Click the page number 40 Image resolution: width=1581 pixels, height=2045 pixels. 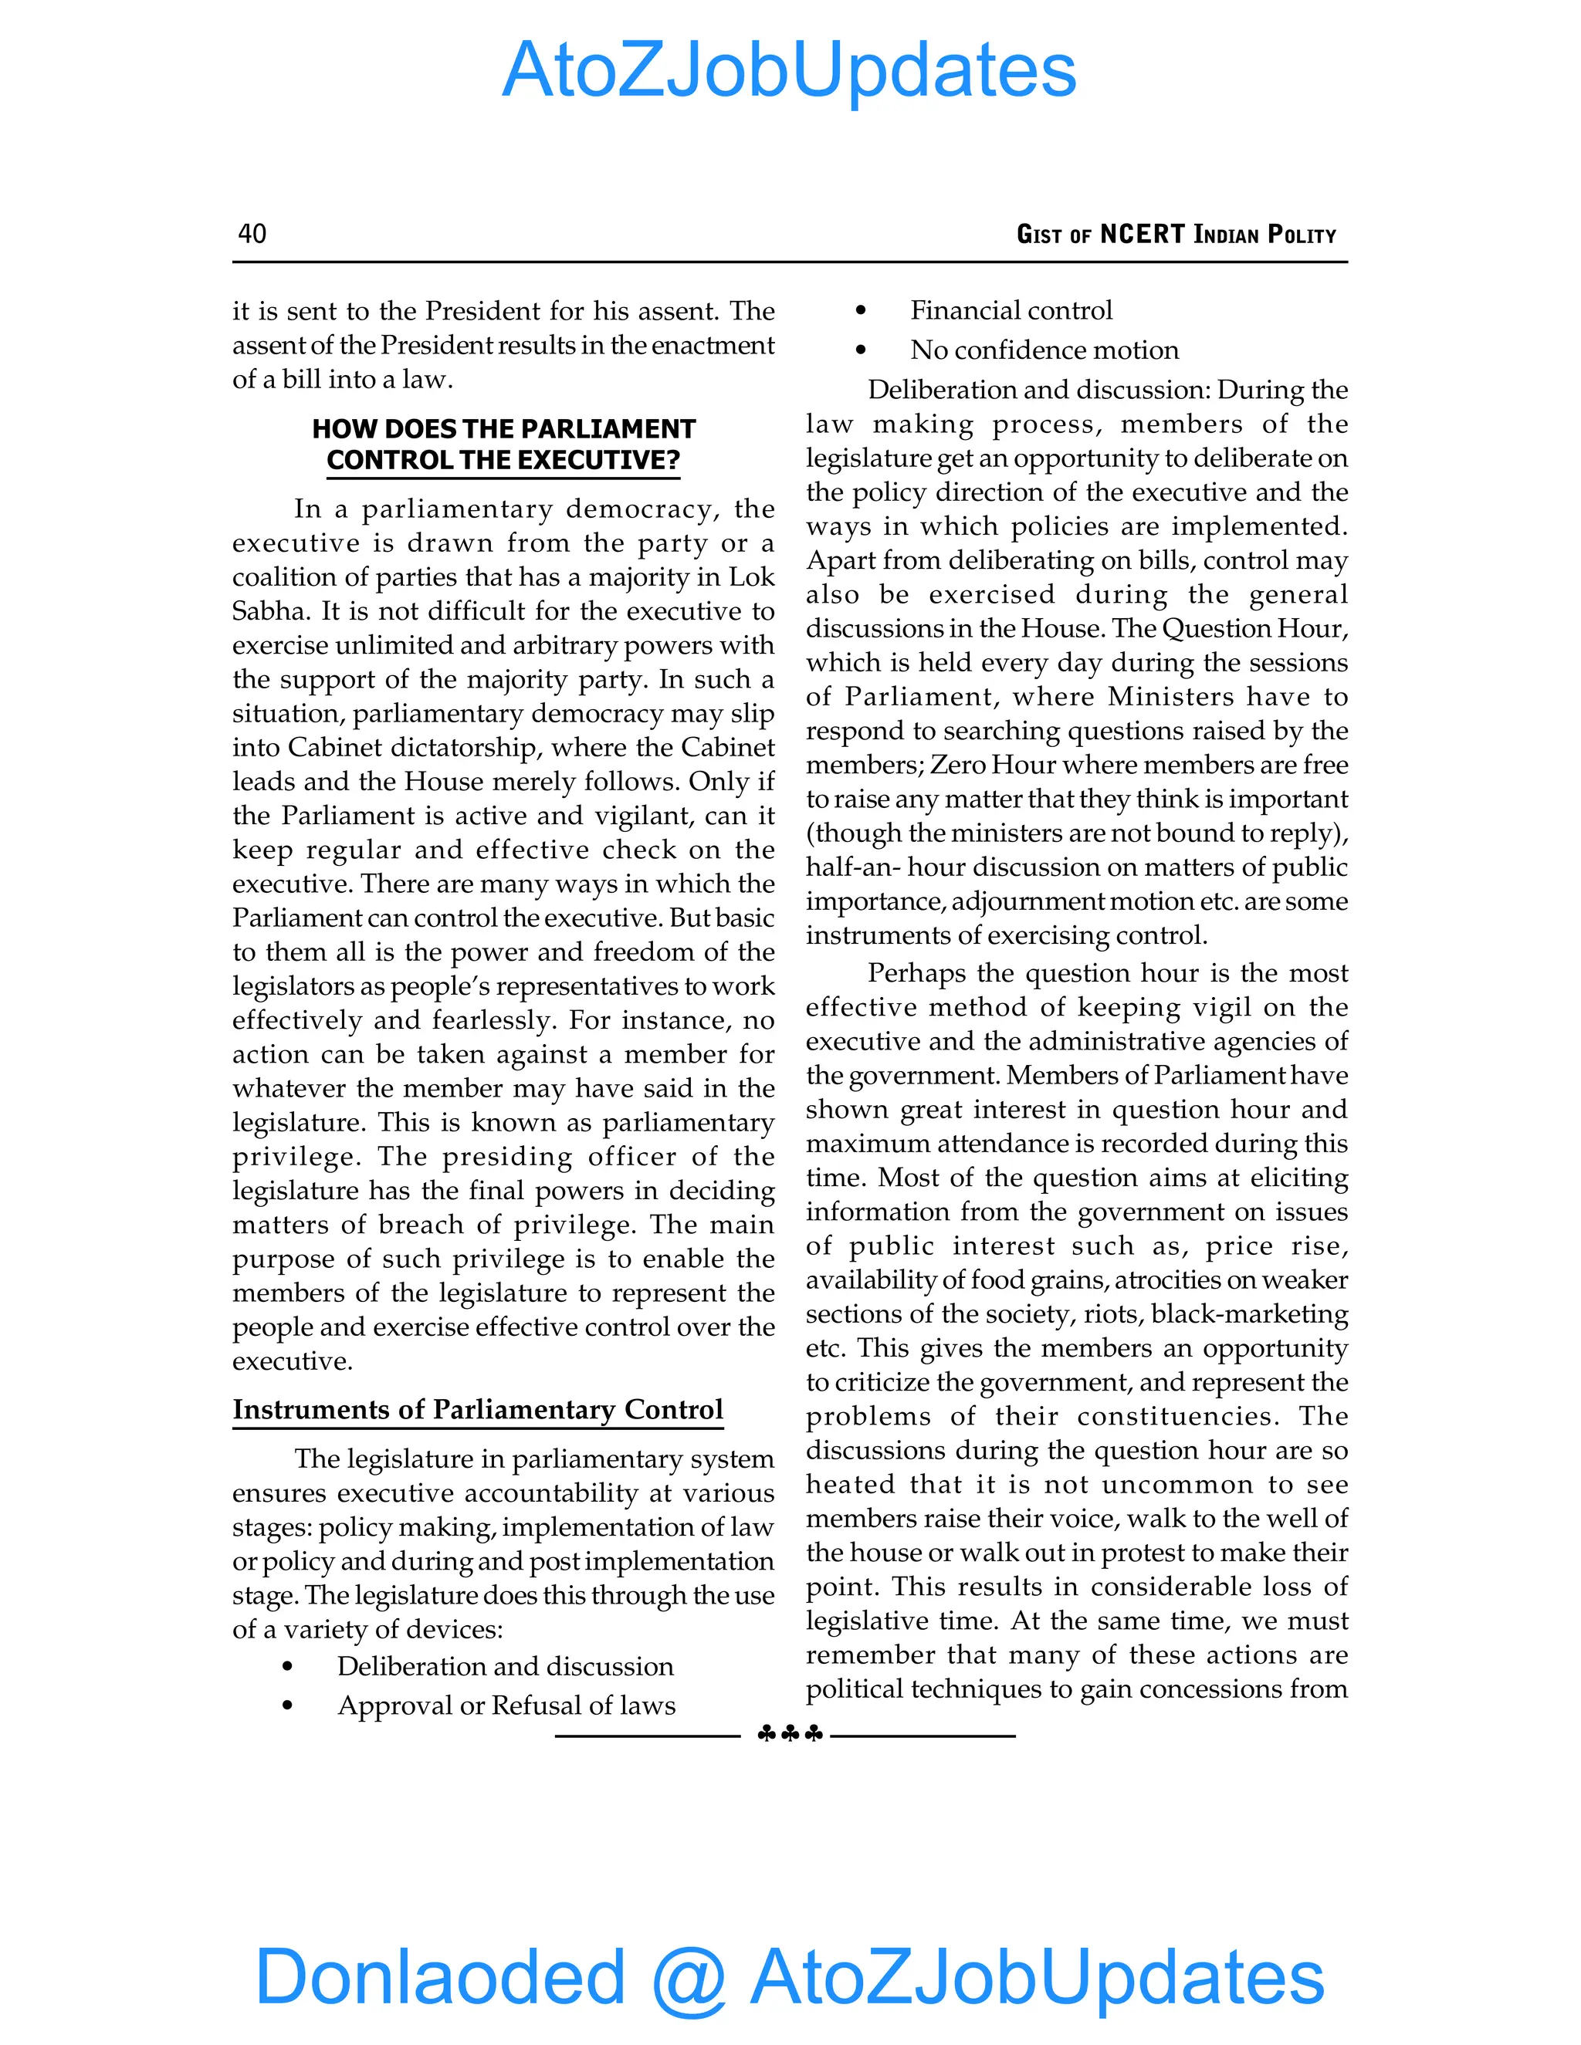click(252, 233)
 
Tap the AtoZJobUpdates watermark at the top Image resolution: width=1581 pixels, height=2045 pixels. click(789, 70)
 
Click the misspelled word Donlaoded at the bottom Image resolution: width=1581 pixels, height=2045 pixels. click(439, 1976)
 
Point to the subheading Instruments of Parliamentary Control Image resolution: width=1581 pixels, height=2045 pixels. click(478, 1409)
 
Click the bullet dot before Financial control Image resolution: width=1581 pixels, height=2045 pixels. click(861, 311)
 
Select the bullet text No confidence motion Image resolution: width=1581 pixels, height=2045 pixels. click(1044, 350)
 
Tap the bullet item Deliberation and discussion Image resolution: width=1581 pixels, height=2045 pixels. click(505, 1666)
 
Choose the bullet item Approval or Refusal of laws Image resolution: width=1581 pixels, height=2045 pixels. click(506, 1705)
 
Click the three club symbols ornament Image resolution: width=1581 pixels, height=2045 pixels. click(789, 1734)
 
